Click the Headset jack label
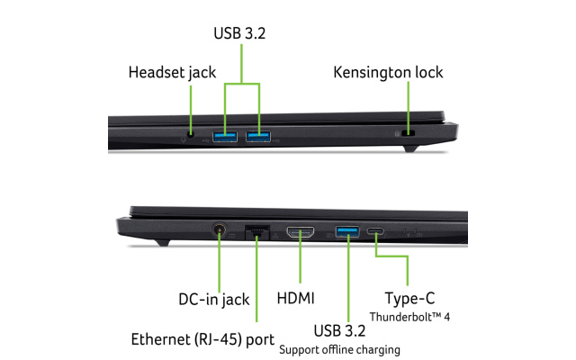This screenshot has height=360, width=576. (172, 72)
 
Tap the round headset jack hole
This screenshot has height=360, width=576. (190, 134)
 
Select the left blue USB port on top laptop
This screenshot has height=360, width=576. (225, 137)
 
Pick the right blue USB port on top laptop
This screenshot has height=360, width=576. (258, 137)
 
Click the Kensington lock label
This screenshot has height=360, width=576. (388, 72)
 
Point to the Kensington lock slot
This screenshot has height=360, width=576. (408, 133)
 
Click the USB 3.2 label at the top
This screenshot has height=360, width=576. (239, 33)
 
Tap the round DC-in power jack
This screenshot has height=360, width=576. (220, 230)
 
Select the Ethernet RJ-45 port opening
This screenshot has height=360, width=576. (257, 232)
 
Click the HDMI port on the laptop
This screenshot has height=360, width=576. (301, 232)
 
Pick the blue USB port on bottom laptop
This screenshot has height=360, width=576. (347, 232)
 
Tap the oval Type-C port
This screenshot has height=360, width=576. (375, 231)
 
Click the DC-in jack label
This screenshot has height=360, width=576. (214, 300)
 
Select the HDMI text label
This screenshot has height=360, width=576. (296, 298)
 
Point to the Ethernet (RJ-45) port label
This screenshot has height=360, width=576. (202, 339)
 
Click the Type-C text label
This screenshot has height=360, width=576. (409, 298)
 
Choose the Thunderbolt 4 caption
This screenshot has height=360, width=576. (409, 317)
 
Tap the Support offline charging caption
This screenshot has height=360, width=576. (339, 350)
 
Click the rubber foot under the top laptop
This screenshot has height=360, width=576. (410, 148)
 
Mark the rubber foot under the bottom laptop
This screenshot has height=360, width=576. (162, 243)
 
